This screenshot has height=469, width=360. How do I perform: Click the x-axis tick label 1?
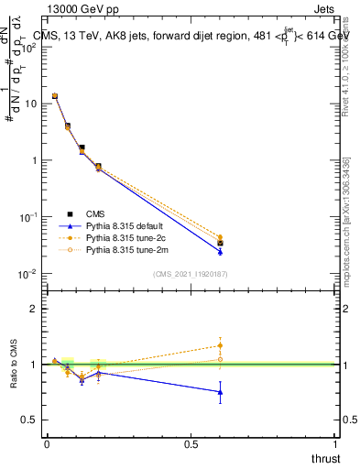point(335,444)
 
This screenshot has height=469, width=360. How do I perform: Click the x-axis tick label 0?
point(47,444)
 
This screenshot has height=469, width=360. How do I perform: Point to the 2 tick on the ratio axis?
point(34,309)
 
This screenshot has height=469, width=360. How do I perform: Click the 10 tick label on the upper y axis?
point(29,104)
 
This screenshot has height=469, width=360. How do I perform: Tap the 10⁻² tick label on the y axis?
point(27,274)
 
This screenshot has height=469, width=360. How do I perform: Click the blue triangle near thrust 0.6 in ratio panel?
point(220,392)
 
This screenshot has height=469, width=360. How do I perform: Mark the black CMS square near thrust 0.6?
point(220,244)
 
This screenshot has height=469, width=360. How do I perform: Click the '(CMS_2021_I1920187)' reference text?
point(190,273)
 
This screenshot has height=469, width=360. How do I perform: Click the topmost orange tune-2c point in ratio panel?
point(220,345)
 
